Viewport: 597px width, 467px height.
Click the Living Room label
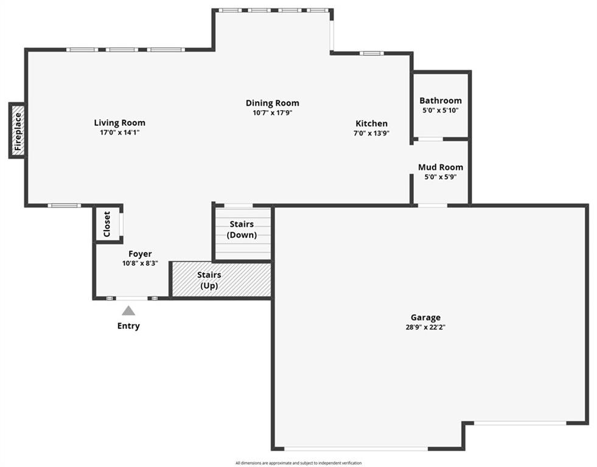point(119,123)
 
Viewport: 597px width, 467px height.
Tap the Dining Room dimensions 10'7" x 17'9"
point(273,113)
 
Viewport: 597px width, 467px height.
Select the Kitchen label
point(372,123)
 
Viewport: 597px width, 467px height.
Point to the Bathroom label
point(441,101)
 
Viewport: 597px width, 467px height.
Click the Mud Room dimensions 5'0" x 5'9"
point(441,177)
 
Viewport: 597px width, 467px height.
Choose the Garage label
point(425,317)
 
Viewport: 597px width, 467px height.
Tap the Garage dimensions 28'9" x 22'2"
point(425,327)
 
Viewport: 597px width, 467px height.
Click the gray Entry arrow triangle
point(128,311)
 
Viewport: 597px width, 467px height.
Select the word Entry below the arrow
point(128,326)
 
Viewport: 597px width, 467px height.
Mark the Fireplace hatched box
point(18,131)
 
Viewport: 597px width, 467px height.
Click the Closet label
point(107,224)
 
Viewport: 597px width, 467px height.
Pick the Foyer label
point(140,254)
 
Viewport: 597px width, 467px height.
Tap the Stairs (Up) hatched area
point(222,279)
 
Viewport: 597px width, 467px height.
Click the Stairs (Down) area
point(243,234)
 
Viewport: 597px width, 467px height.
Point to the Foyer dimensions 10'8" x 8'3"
point(140,263)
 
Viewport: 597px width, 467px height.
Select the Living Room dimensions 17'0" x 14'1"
point(119,133)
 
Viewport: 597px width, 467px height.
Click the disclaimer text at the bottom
point(298,463)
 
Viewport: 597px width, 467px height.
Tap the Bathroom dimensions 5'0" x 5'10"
point(441,111)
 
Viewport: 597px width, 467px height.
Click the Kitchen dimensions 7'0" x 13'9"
point(372,133)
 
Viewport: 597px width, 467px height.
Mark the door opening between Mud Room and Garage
point(433,206)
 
